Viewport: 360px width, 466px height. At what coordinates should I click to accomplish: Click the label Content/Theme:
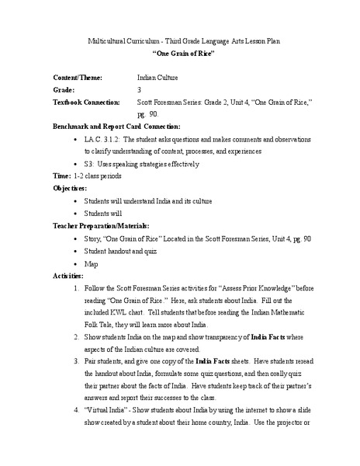[80, 78]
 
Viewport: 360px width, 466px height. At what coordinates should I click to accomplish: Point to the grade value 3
[139, 90]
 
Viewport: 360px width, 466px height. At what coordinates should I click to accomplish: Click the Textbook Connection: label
[86, 102]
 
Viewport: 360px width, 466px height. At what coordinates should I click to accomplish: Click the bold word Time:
[61, 176]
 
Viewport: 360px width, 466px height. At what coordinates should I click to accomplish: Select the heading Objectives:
[70, 189]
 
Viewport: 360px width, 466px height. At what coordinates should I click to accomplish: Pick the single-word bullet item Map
[91, 264]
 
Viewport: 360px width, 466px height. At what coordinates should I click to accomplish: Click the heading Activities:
[68, 276]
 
